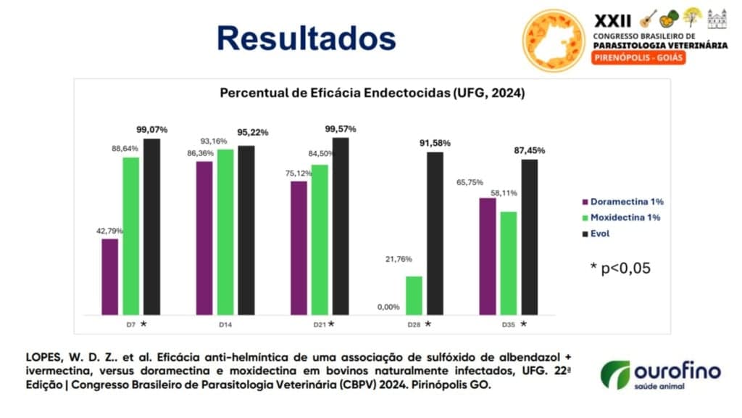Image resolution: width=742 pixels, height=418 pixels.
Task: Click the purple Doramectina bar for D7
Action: [109, 276]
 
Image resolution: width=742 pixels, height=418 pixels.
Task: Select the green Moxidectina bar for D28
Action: [414, 295]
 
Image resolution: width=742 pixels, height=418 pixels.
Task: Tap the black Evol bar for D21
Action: [340, 226]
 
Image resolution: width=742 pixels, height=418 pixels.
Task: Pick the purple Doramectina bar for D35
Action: [488, 256]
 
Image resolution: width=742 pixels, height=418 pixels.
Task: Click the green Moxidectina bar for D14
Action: [225, 231]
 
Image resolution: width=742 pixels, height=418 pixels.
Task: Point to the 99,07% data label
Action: [152, 129]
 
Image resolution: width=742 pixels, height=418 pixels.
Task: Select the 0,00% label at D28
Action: [388, 307]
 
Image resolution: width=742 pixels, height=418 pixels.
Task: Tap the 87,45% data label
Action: [529, 150]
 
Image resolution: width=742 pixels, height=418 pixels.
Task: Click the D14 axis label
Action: [225, 324]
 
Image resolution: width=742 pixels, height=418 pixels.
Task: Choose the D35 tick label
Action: [508, 324]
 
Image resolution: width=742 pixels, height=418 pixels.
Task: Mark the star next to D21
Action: [331, 324]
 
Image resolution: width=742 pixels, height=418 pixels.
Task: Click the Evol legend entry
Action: [599, 234]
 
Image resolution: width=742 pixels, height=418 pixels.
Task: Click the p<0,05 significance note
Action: [620, 268]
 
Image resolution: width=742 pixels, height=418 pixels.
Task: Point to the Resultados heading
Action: [307, 38]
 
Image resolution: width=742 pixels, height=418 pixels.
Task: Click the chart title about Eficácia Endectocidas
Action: [372, 94]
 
